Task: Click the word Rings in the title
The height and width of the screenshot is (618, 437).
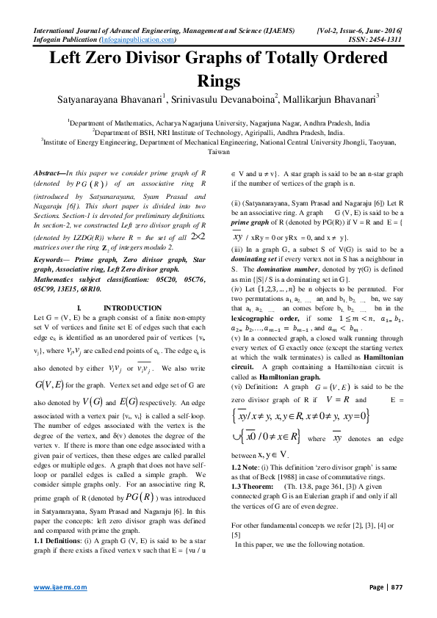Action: click(218, 80)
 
